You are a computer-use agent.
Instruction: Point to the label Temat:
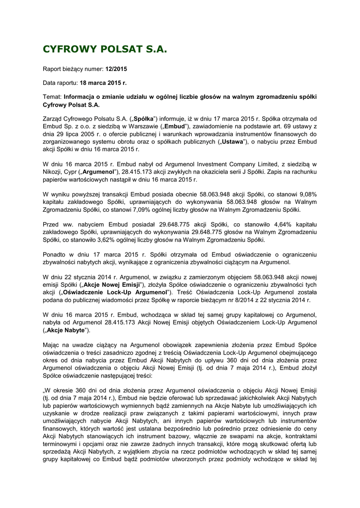(53, 97)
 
